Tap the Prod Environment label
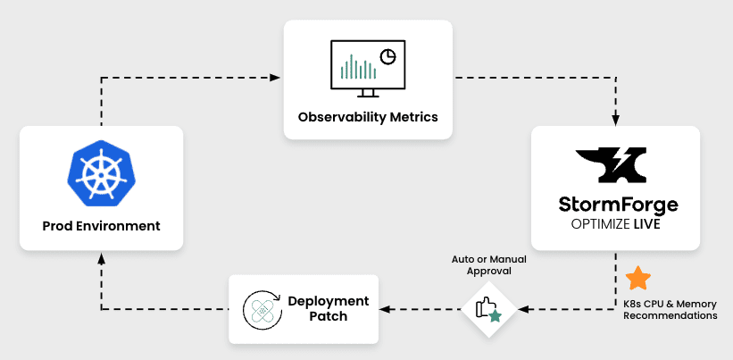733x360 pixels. click(x=102, y=226)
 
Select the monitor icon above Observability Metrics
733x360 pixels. click(x=368, y=69)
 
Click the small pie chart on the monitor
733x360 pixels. click(x=388, y=56)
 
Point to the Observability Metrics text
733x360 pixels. click(x=368, y=116)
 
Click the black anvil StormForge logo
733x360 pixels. click(x=611, y=165)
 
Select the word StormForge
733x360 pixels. click(x=619, y=205)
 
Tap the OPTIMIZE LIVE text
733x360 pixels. click(x=616, y=224)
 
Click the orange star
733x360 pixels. click(x=638, y=278)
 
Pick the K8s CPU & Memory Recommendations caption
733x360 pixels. click(x=671, y=310)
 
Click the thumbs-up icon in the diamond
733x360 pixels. click(x=483, y=307)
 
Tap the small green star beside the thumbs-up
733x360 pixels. click(x=495, y=316)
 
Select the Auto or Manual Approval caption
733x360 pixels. click(x=489, y=264)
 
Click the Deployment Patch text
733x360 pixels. click(x=329, y=308)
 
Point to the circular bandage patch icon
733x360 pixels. click(x=262, y=310)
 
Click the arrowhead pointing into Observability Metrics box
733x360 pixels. click(x=276, y=77)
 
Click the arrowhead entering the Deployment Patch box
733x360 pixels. click(x=385, y=309)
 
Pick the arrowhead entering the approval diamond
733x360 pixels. click(x=523, y=309)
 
